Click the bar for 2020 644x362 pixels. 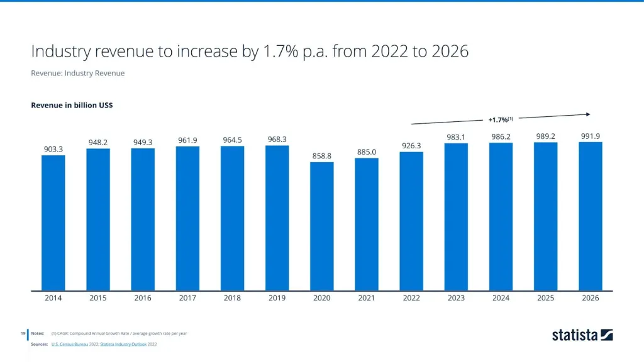pos(322,227)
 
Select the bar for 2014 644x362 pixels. pos(53,223)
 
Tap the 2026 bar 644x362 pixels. pos(591,217)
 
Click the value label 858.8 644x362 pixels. pos(322,155)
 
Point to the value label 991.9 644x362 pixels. pos(591,135)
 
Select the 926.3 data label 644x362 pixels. pos(411,145)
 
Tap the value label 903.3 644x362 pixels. pos(53,149)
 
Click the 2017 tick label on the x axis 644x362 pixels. pos(187,299)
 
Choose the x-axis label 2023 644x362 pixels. pos(456,299)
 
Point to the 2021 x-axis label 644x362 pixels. pos(367,299)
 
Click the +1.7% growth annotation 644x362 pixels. pos(501,119)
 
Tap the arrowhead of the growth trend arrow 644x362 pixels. pos(587,114)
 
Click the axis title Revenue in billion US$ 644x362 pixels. pos(72,105)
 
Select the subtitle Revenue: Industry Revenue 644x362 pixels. pos(78,73)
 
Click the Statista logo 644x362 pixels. pos(582,335)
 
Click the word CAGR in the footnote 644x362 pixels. pos(64,333)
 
